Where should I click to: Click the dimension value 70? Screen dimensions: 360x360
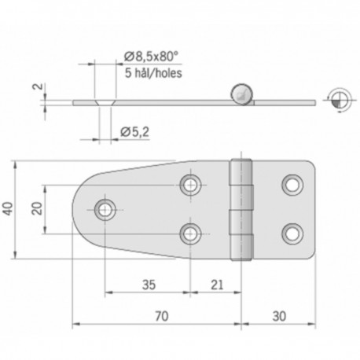pos(162,317)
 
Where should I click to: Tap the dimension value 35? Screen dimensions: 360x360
pos(148,285)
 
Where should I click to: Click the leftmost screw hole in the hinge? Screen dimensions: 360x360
pos(104,209)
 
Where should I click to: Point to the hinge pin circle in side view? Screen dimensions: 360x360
pos(242,95)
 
